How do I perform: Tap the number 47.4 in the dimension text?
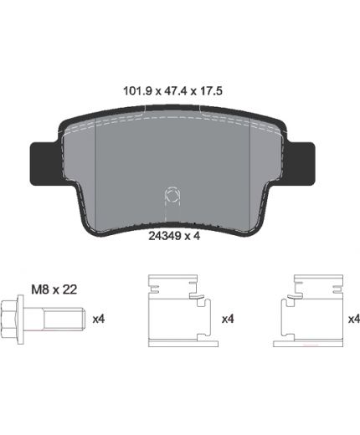coord(175,91)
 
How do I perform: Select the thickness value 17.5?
coord(210,91)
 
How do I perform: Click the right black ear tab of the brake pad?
coord(302,163)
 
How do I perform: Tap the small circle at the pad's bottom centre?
coord(172,196)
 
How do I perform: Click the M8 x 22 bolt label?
coord(54,289)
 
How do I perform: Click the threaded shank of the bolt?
coord(64,319)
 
